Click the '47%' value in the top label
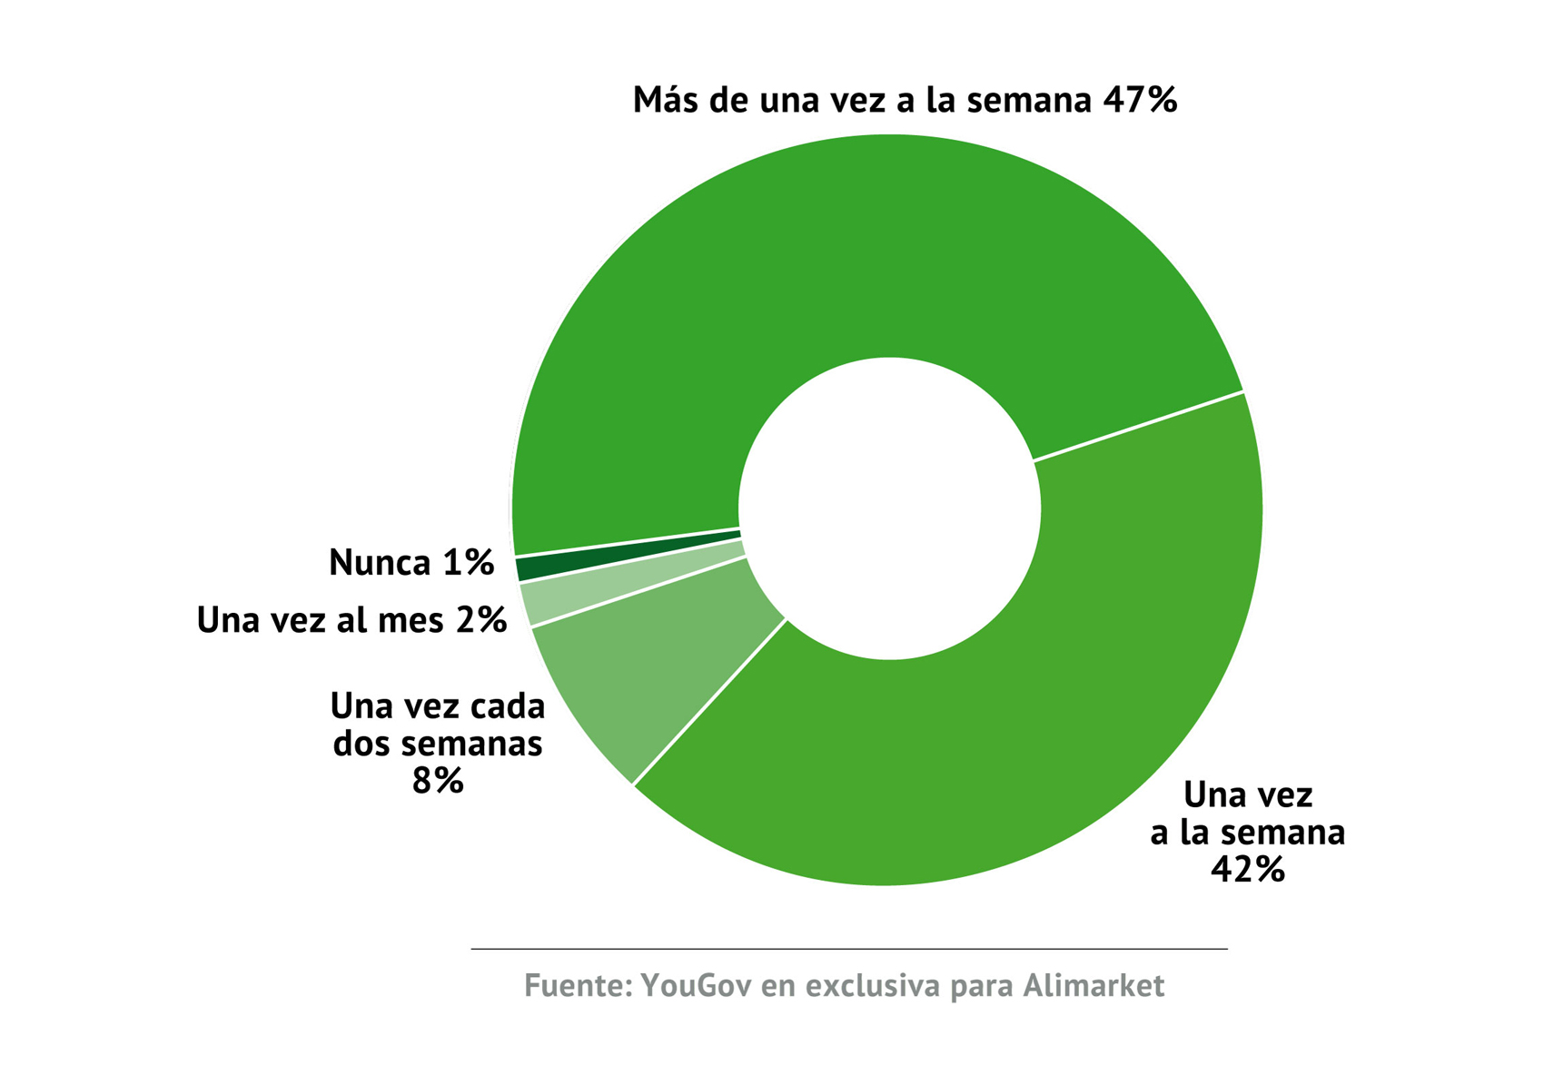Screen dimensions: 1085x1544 pos(1140,100)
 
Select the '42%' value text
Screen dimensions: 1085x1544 pos(1247,870)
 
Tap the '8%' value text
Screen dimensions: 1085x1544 pos(438,781)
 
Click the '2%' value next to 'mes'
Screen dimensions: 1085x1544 pos(481,620)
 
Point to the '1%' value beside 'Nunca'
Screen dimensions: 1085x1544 pos(468,563)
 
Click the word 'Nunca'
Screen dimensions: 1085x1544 pos(380,563)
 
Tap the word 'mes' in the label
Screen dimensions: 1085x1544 pos(411,620)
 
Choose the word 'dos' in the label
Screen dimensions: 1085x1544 pos(362,744)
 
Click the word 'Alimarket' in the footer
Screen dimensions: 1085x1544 pos(1094,986)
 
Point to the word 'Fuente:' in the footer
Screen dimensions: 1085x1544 pos(578,986)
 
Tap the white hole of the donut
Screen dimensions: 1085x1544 pos(888,508)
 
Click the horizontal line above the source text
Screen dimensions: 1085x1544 pos(848,949)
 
